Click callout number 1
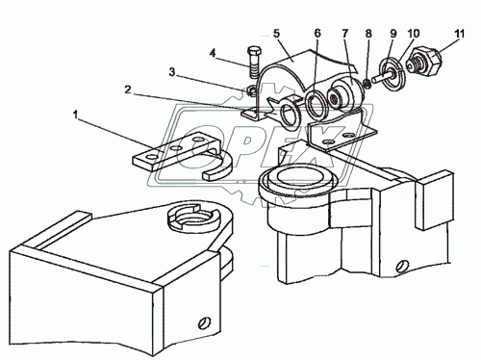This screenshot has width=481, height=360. pyautogui.click(x=76, y=115)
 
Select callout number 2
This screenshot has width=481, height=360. pyautogui.click(x=128, y=90)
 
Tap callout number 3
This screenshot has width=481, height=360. pyautogui.click(x=172, y=72)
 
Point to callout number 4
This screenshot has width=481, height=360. pyautogui.click(x=213, y=53)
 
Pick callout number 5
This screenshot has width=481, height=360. pyautogui.click(x=276, y=33)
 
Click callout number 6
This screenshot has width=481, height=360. pyautogui.click(x=317, y=33)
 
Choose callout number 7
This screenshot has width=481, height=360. pyautogui.click(x=345, y=33)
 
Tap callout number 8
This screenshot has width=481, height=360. pyautogui.click(x=368, y=33)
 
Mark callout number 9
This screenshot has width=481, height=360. pyautogui.click(x=393, y=33)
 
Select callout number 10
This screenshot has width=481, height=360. pyautogui.click(x=414, y=33)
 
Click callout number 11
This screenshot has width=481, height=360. pyautogui.click(x=459, y=33)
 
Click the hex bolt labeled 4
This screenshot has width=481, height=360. pyautogui.click(x=254, y=64)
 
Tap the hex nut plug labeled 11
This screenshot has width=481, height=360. pyautogui.click(x=425, y=62)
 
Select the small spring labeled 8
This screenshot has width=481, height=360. pyautogui.click(x=367, y=84)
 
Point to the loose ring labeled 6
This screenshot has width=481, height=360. pyautogui.click(x=316, y=104)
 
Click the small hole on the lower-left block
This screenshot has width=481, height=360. pyautogui.click(x=203, y=322)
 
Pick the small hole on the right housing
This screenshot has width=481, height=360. pyautogui.click(x=403, y=266)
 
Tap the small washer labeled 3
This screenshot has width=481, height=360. pyautogui.click(x=252, y=92)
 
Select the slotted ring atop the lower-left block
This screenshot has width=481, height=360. pyautogui.click(x=193, y=219)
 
